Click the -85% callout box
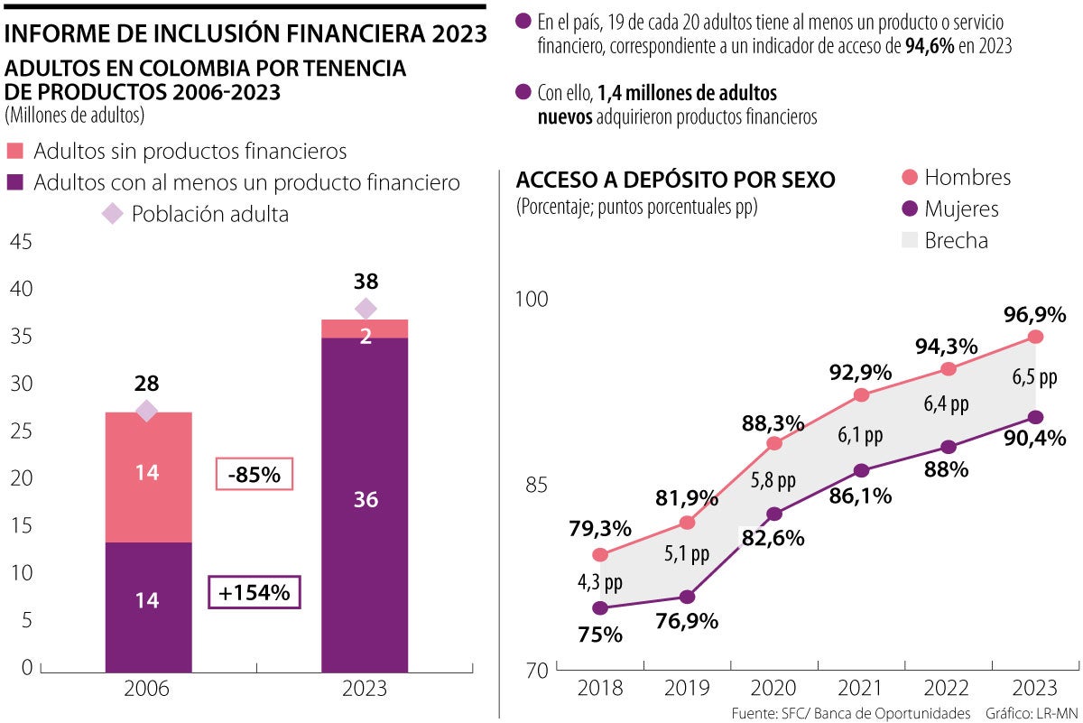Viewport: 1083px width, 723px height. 255,474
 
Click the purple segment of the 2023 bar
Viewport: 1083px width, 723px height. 365,502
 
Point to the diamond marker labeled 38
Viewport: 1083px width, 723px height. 365,309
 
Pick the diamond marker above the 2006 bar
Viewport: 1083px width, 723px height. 147,412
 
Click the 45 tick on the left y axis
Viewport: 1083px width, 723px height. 21,242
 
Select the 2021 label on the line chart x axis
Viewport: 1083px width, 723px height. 861,687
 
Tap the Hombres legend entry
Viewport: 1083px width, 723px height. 954,178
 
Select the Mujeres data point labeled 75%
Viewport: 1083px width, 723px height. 600,608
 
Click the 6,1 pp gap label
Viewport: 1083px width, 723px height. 860,435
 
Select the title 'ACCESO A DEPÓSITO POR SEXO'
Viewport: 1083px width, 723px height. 675,180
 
